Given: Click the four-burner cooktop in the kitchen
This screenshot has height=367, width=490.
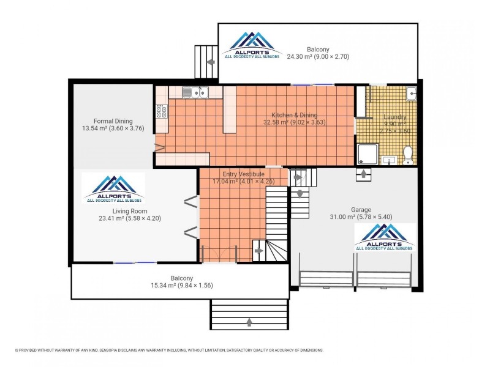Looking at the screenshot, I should coord(162,111).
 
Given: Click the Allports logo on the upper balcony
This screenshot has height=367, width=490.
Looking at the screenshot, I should coord(251,45).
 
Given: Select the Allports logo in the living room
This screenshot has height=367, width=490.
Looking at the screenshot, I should coord(115,188).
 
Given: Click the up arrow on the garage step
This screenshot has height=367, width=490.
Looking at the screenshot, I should coord(363,174).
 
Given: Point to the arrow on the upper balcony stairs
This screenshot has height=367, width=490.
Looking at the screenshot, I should coord(211,62).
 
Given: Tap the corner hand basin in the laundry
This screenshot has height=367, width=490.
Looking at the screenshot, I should coord(412,94).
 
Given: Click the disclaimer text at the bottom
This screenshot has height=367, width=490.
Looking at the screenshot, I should coord(168,350).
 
